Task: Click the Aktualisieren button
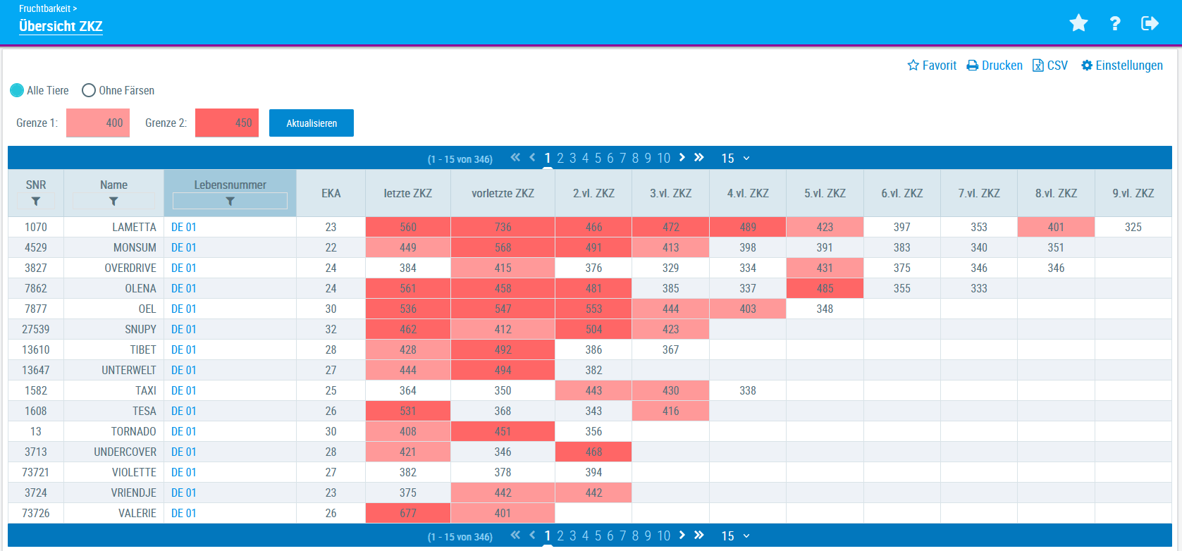coord(311,123)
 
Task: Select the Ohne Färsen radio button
coord(89,90)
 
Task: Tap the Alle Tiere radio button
coord(17,90)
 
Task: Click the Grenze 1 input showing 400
coord(98,123)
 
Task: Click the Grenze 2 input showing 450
coord(227,123)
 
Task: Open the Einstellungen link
coord(1122,66)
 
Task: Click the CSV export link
coord(1050,66)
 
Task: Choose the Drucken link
coord(995,66)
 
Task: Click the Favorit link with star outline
coord(932,66)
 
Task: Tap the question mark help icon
coord(1115,23)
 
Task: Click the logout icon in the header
coord(1150,23)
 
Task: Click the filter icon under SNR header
coord(36,202)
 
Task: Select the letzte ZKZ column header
coord(407,193)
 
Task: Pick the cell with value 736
coord(503,227)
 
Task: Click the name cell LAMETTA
coord(134,227)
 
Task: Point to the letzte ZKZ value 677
coord(407,513)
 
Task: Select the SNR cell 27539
coord(36,329)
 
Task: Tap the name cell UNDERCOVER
coord(125,452)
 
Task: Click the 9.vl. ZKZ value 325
coord(1133,227)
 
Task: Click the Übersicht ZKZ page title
coord(61,26)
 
